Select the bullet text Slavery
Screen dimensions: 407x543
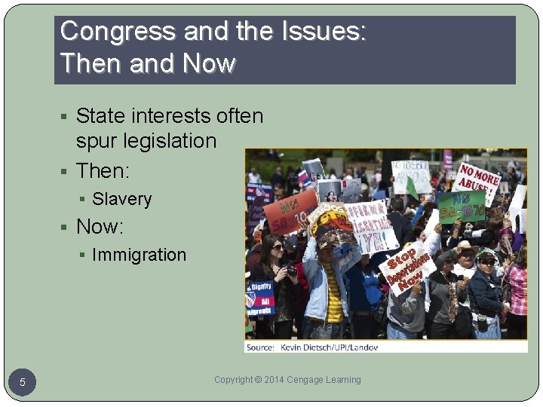pos(121,200)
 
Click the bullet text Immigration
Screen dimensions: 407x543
pos(139,256)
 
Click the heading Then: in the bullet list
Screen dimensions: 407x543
pos(103,171)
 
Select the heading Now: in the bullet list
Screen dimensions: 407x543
pos(100,227)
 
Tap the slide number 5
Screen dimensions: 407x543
pos(23,383)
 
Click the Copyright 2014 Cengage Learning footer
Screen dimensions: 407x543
pos(287,380)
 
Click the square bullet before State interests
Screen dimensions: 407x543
pos(66,117)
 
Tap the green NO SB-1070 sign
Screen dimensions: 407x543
pos(462,207)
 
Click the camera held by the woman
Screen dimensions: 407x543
pos(290,269)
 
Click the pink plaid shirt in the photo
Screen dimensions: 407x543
pos(517,290)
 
